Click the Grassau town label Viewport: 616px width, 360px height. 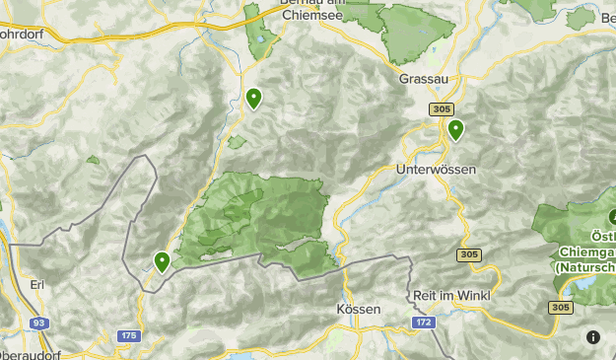pyautogui.click(x=424, y=78)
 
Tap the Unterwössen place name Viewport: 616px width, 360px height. pyautogui.click(x=435, y=170)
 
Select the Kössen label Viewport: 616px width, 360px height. pyautogui.click(x=358, y=309)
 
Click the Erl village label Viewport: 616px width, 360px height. pyautogui.click(x=38, y=285)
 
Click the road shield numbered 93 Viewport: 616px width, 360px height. pyautogui.click(x=39, y=323)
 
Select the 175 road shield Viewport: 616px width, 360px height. pyautogui.click(x=128, y=335)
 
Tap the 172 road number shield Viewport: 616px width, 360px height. pyautogui.click(x=424, y=323)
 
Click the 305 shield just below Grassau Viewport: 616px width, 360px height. pyautogui.click(x=442, y=109)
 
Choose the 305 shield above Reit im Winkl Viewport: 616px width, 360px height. pyautogui.click(x=469, y=255)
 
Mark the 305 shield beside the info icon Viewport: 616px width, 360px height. pyautogui.click(x=561, y=308)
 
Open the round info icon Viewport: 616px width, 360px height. pyautogui.click(x=592, y=337)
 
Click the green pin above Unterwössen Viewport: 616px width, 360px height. pyautogui.click(x=455, y=129)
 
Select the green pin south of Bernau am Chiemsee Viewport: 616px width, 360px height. pyautogui.click(x=254, y=99)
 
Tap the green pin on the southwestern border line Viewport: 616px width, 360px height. pyautogui.click(x=162, y=261)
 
